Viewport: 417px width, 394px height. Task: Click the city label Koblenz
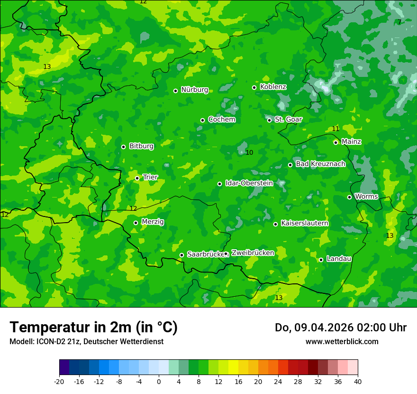273,87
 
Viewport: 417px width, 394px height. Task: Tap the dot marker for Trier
137,178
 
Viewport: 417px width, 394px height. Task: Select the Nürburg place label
194,90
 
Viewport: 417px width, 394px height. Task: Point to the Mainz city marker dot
335,142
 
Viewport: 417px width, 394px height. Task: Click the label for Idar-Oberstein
249,183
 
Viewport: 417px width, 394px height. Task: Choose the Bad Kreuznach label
320,164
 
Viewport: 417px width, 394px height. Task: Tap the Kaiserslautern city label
304,223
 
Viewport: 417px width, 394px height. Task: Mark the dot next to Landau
321,260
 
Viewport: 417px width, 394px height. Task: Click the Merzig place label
153,222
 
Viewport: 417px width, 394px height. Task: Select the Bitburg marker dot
123,147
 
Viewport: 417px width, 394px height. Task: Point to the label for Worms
366,197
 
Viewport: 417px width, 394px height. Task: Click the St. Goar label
288,120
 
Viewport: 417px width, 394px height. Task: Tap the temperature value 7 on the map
399,22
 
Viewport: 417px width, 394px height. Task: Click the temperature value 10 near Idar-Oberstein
249,152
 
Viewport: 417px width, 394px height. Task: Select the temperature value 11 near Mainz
335,129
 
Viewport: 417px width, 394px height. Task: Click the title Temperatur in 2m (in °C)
93,328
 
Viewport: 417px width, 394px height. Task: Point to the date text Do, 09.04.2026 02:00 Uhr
340,328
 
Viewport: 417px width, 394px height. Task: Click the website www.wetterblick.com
342,342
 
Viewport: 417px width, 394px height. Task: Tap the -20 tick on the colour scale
59,381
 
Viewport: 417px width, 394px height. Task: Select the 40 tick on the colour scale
358,381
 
